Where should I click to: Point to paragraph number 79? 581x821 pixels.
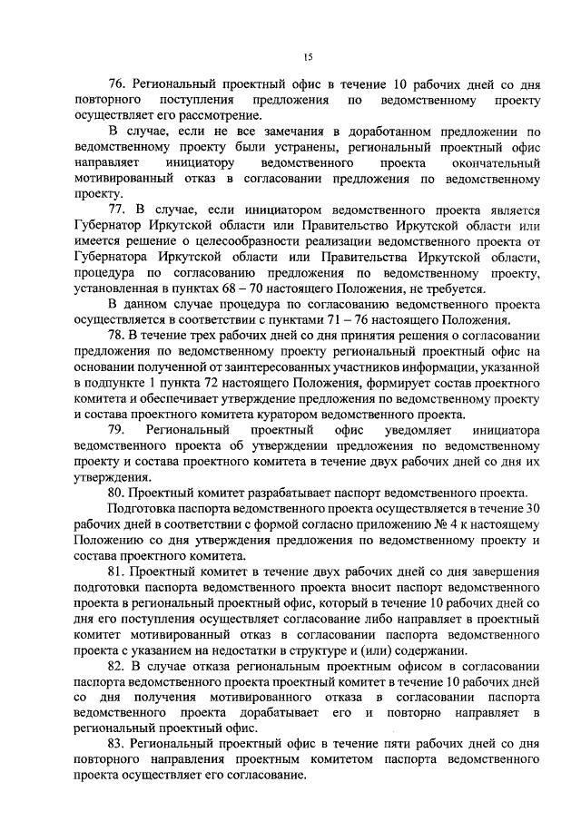118,429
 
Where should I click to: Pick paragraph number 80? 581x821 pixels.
118,492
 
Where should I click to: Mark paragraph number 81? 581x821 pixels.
118,572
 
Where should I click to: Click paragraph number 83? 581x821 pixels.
118,744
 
